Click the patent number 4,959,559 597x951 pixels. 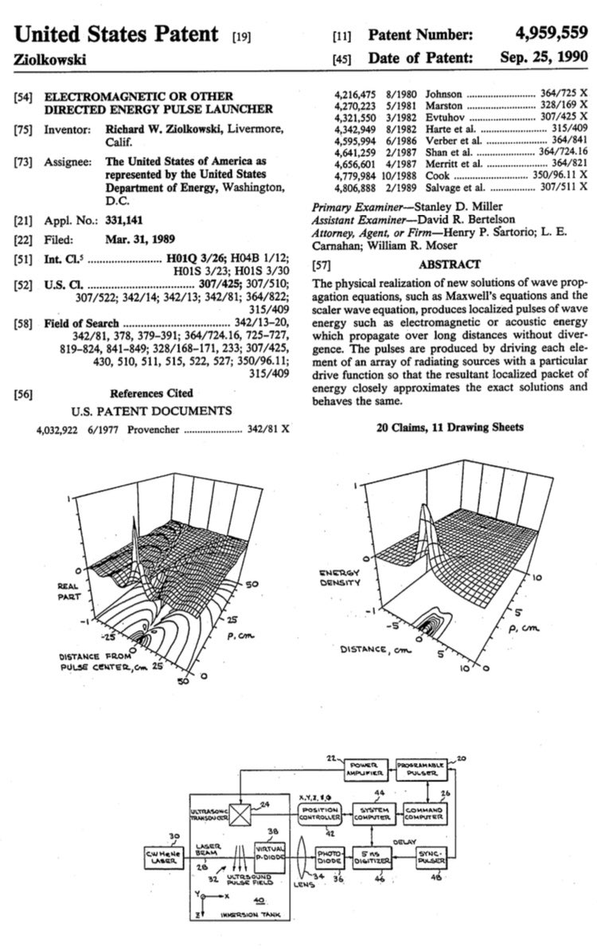[550, 34]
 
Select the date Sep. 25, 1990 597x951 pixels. [544, 57]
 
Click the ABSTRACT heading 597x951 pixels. [450, 264]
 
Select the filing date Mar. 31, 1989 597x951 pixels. [142, 238]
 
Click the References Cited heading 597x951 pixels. [151, 393]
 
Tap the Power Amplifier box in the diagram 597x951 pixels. [362, 769]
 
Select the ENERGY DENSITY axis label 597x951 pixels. [341, 577]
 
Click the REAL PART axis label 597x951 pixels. [68, 591]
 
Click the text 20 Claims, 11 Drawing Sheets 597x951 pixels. [449, 428]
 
